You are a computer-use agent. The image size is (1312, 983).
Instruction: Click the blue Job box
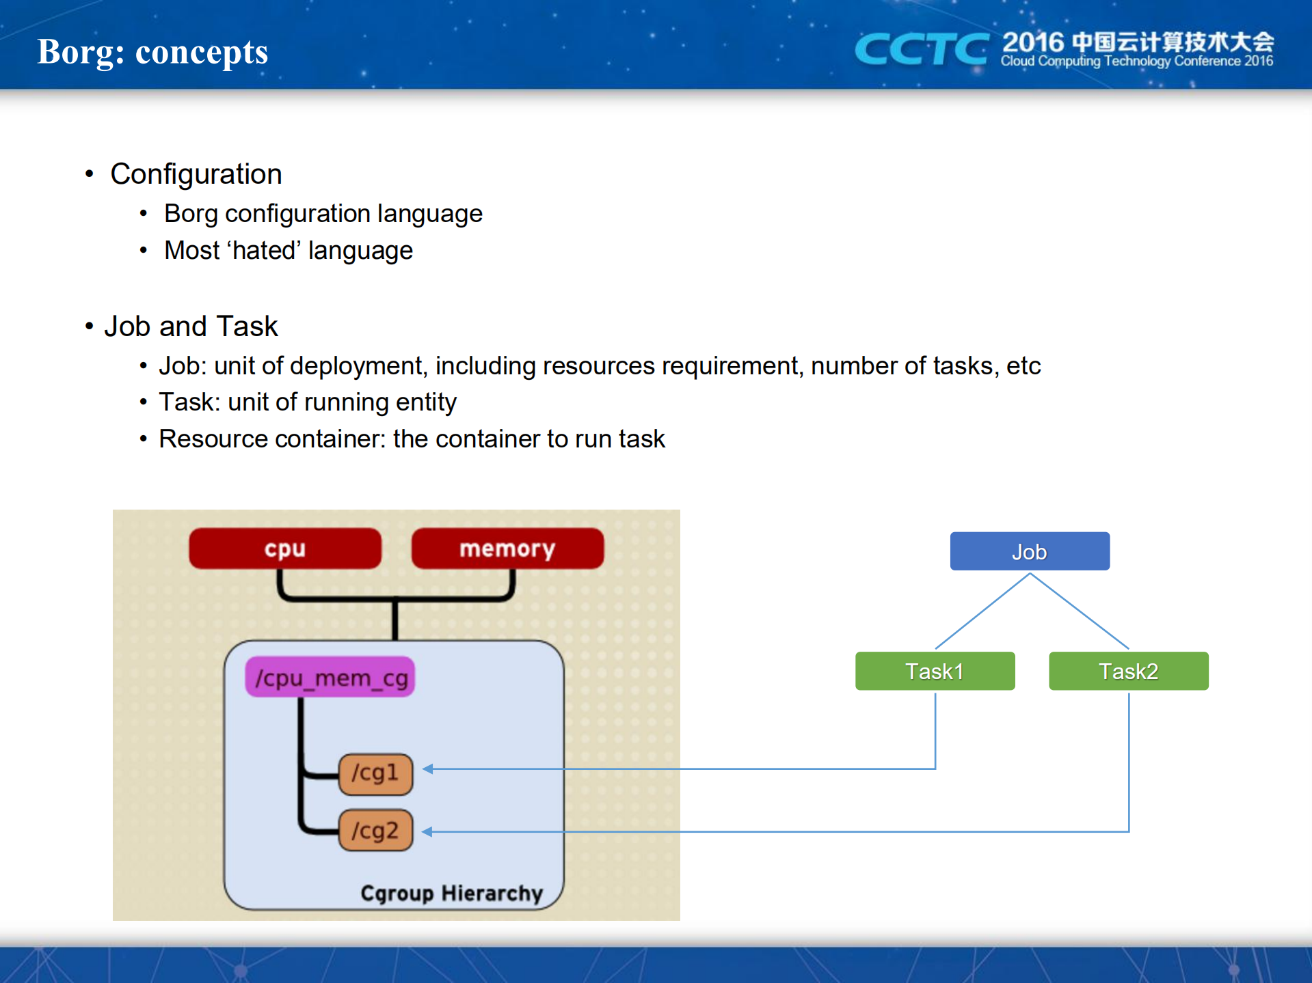tap(1029, 551)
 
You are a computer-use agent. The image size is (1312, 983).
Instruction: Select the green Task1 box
tap(935, 671)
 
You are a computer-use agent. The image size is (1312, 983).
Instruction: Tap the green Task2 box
tap(1128, 671)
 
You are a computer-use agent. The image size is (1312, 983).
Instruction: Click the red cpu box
tap(284, 549)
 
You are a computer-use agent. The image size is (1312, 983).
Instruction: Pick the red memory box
tap(507, 549)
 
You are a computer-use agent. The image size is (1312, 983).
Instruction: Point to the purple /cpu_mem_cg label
tap(330, 678)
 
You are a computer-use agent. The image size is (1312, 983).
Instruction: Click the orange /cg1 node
tap(375, 773)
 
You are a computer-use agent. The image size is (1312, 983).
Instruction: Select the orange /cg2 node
tap(375, 830)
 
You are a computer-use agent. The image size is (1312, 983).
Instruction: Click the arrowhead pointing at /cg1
tap(428, 769)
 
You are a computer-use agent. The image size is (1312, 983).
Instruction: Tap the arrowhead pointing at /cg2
tap(428, 831)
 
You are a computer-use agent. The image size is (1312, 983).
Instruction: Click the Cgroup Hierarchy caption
tap(451, 893)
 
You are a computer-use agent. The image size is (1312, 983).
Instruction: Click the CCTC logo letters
tap(920, 49)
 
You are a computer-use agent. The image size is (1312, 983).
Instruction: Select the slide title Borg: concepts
tap(152, 52)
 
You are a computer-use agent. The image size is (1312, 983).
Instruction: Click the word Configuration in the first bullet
tap(196, 174)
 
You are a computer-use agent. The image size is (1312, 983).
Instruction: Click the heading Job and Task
tap(191, 327)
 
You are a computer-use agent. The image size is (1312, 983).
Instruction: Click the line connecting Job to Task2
tap(1079, 611)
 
